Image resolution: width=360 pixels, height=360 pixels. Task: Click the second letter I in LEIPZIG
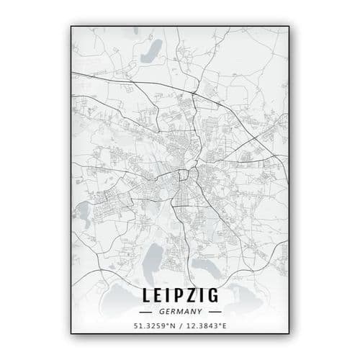[204, 297]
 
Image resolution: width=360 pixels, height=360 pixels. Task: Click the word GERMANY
[180, 312]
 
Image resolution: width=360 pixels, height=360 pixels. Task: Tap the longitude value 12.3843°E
[204, 327]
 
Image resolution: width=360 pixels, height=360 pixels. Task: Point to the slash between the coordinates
[180, 327]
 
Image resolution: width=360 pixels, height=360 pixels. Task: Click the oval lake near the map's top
[153, 53]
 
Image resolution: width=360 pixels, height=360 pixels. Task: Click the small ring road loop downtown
[185, 174]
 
